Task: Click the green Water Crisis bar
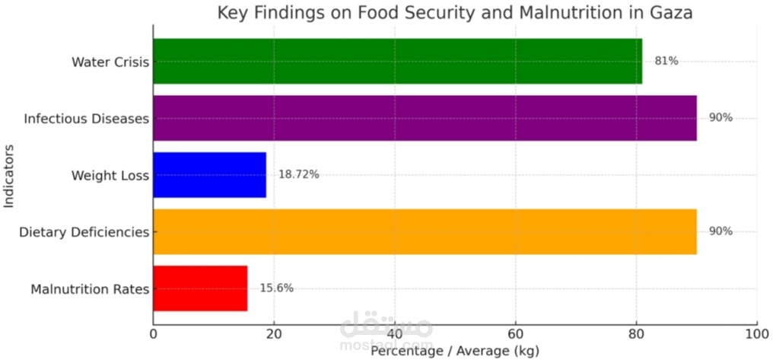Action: [x=397, y=61]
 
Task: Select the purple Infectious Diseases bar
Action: [x=425, y=118]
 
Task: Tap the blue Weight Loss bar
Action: [x=209, y=175]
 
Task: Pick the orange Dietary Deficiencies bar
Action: [x=425, y=231]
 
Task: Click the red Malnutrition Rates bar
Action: [x=200, y=288]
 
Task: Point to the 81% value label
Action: [x=666, y=61]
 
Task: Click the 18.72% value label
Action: [x=298, y=175]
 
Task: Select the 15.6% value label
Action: [x=276, y=288]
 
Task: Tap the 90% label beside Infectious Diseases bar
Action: [x=720, y=118]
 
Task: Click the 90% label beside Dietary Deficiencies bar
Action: [x=720, y=231]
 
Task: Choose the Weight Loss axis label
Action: [x=110, y=176]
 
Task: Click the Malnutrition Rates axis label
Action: [x=90, y=289]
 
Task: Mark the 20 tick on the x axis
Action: [x=274, y=334]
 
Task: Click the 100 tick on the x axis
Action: [x=756, y=334]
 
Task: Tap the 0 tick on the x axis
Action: [x=154, y=334]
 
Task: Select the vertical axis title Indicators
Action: [x=10, y=174]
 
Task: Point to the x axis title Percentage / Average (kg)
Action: [x=454, y=352]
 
